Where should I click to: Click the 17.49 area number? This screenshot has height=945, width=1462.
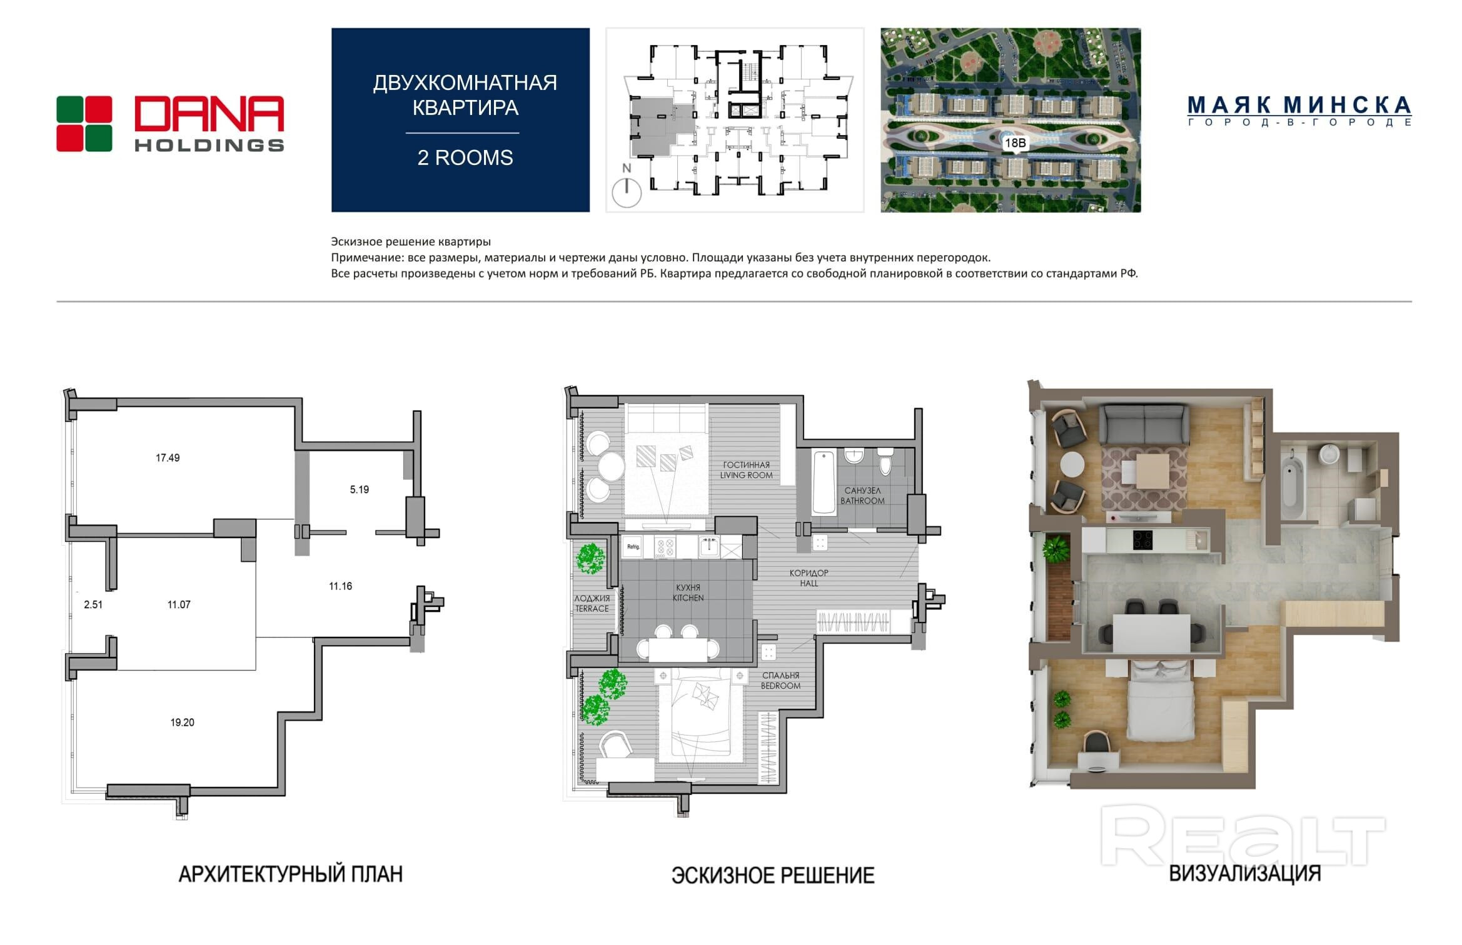coord(168,458)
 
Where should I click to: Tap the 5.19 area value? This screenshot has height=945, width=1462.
coord(359,490)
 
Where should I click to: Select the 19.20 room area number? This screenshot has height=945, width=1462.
coord(182,722)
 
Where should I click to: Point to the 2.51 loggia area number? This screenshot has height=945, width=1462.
coord(93,604)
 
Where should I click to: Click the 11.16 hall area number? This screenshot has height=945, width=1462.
coord(340,586)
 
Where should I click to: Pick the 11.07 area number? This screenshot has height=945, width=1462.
coord(179,604)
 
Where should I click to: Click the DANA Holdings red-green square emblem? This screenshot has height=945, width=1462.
coord(84,124)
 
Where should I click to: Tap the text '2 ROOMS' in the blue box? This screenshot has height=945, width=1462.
coord(465,157)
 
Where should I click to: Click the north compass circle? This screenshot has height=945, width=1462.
coord(627,192)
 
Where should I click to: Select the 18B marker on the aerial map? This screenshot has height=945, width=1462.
coord(1014,143)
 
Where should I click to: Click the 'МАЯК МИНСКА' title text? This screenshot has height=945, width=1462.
coord(1299,105)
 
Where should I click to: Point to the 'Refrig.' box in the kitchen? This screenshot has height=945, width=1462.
coord(633,547)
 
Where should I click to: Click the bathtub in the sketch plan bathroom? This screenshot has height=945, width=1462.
coord(824,482)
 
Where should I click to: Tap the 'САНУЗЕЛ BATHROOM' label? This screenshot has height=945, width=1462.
coord(862,496)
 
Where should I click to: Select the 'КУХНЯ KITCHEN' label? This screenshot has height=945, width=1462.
coord(688,592)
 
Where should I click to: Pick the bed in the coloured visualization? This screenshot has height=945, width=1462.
coord(1160,701)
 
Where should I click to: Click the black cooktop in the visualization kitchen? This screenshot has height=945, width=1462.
coord(1143,540)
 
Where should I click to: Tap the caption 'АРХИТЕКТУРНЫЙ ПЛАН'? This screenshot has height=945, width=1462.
coord(291,874)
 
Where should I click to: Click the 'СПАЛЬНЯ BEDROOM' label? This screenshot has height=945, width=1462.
coord(780,681)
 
